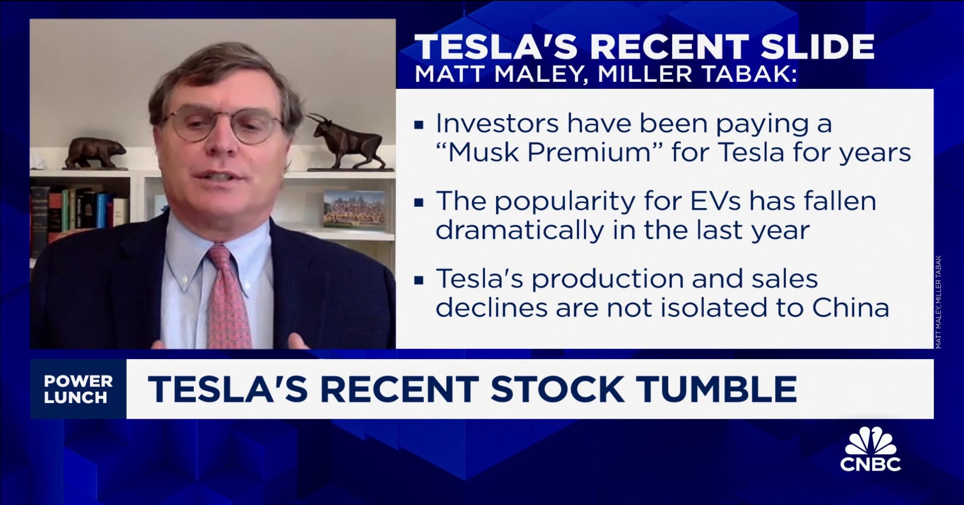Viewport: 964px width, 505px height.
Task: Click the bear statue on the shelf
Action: click(95, 153)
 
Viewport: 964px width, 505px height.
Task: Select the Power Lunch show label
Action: click(78, 389)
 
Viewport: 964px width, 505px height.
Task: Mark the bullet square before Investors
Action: click(418, 124)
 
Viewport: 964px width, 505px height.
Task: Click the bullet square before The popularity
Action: click(418, 202)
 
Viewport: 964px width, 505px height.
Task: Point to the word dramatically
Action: click(519, 230)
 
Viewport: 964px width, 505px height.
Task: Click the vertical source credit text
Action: click(938, 302)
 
